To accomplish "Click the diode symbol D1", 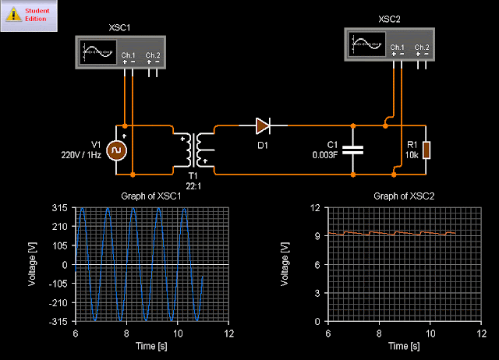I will [263, 125].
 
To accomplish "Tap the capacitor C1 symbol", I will [354, 150].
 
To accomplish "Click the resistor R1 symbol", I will [427, 150].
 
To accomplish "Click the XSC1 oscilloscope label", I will [122, 28].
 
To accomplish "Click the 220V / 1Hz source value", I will [81, 155].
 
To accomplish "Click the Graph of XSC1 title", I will [152, 196].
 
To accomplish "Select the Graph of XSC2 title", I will [405, 196].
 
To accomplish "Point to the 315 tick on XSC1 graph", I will [62, 208].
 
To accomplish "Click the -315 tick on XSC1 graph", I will [60, 321].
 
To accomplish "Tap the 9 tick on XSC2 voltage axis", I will [317, 236].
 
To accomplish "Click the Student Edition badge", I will [30, 15].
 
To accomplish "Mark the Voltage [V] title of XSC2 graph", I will [287, 264].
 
